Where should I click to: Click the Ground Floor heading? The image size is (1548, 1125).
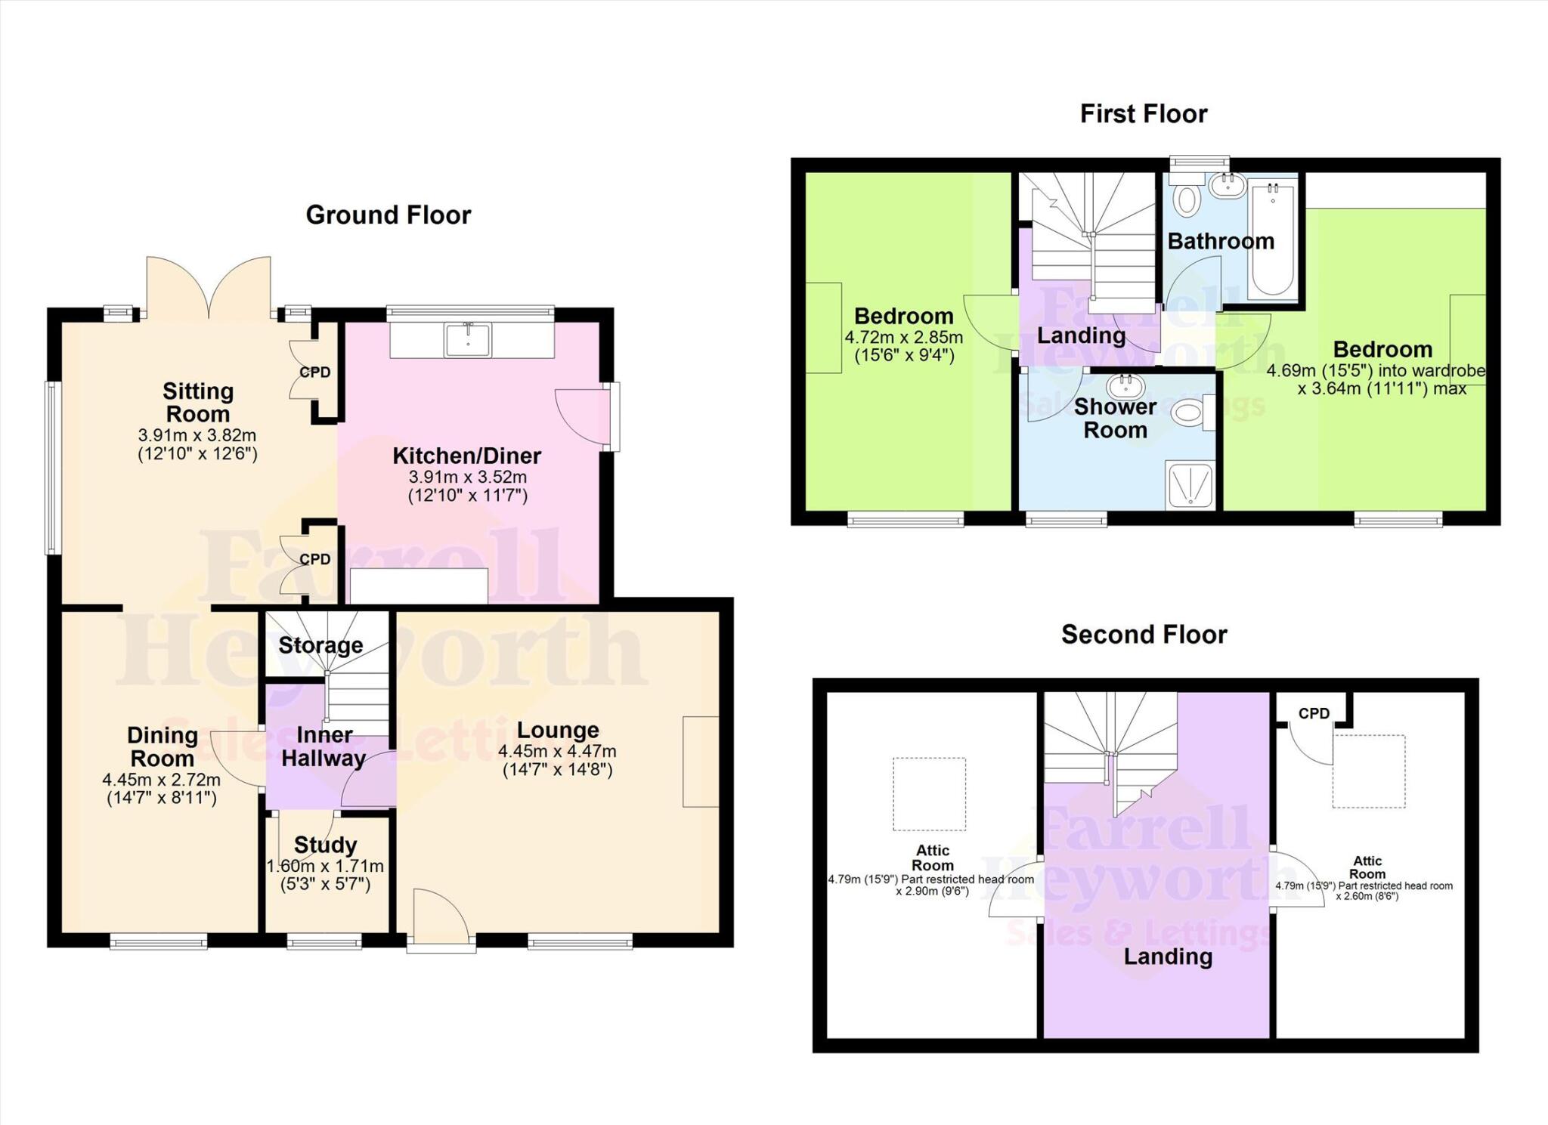point(388,215)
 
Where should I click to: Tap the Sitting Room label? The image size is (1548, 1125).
point(198,403)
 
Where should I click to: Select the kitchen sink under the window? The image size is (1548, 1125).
point(468,339)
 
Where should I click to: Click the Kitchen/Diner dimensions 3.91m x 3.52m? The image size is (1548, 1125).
point(467,478)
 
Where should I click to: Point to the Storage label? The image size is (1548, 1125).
point(320,645)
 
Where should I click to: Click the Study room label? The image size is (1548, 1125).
point(325,845)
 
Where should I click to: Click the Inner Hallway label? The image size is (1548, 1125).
point(324,746)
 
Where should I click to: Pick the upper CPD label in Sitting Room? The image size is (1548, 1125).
point(315,372)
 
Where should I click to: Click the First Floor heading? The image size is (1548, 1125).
point(1143,114)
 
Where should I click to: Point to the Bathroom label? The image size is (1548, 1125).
point(1220,242)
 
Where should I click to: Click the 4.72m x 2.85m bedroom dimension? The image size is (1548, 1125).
point(903,338)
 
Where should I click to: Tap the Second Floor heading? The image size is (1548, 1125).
point(1144,635)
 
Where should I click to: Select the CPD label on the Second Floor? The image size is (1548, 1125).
point(1314,713)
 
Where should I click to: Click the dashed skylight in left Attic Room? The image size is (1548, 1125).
point(929,794)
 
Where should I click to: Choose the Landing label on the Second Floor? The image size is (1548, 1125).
point(1168,957)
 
